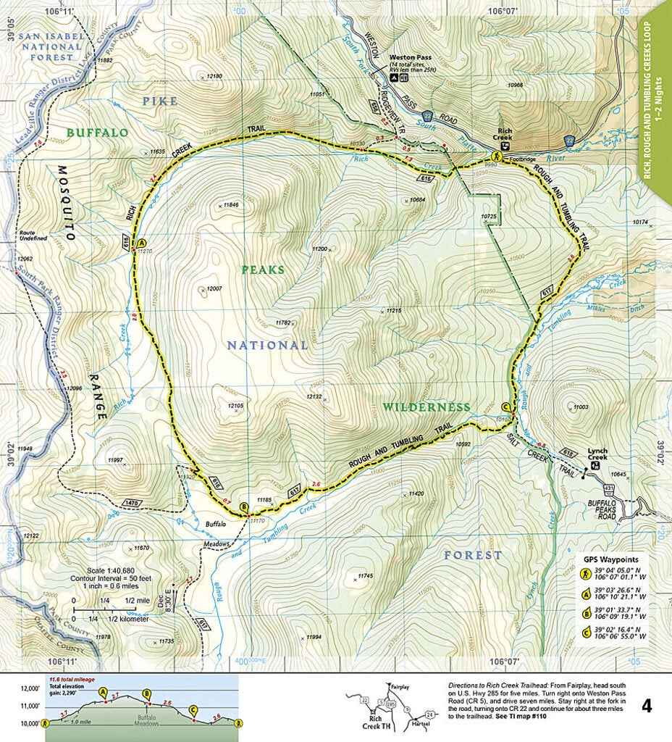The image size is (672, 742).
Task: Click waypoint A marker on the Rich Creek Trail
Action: (x=141, y=243)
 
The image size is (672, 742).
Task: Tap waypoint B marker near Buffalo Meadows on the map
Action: (x=243, y=507)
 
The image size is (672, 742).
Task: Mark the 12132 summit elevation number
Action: (x=314, y=396)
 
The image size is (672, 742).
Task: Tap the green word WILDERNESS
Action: (x=427, y=407)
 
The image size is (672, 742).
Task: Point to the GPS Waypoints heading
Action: (x=610, y=559)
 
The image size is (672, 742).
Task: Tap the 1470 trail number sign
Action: (x=131, y=502)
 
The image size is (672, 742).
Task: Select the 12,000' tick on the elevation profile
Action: (x=30, y=688)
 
